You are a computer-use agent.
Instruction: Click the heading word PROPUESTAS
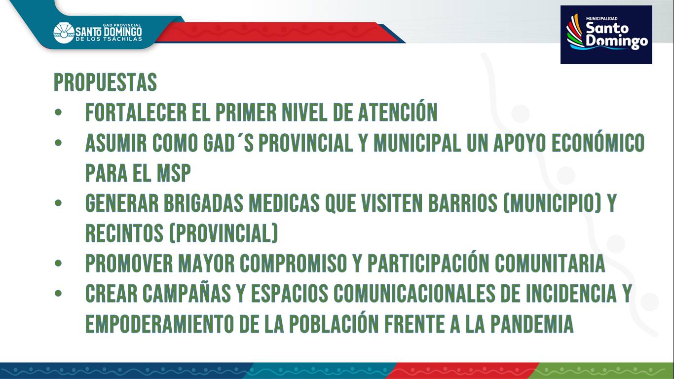pos(105,82)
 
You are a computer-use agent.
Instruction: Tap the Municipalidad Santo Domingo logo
pos(606,35)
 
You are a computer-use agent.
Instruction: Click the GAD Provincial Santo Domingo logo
pos(98,33)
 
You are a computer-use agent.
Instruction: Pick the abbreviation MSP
pos(174,173)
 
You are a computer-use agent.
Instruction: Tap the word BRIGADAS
pos(203,203)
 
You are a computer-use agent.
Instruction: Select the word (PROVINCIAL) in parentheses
pos(223,233)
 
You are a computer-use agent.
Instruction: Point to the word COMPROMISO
pos(294,264)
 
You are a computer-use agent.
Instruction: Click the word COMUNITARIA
pos(550,264)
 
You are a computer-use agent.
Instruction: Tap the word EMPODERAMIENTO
pos(159,324)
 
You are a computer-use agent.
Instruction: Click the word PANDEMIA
pos(532,324)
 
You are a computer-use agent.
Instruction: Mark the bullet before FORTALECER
pos(58,113)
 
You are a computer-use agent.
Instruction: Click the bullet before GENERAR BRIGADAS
pos(58,203)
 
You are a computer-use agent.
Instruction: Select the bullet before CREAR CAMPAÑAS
pos(58,294)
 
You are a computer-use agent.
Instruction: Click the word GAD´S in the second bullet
pos(228,143)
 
